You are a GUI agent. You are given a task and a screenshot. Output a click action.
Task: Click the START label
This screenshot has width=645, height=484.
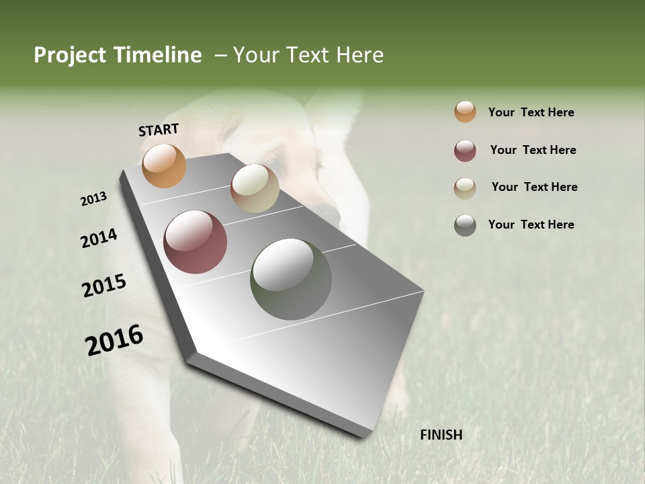tap(159, 130)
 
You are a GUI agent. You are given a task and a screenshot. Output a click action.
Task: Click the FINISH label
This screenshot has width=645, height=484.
tap(441, 435)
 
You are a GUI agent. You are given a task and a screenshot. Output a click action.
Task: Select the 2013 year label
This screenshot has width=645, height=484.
tap(94, 199)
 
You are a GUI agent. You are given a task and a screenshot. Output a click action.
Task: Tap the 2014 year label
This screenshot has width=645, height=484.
tap(99, 239)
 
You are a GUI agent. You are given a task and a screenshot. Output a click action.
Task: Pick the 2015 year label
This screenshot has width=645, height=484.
tap(104, 286)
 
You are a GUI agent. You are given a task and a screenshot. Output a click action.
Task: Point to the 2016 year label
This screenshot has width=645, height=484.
tap(114, 340)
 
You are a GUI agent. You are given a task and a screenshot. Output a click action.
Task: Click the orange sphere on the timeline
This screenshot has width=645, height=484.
tap(164, 165)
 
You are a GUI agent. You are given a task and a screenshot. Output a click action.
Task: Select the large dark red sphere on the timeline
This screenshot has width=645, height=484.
tap(195, 242)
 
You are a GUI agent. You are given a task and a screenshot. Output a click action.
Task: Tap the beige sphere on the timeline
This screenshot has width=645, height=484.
tap(255, 188)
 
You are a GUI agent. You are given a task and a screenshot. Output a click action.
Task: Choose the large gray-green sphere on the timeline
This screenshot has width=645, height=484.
tap(291, 279)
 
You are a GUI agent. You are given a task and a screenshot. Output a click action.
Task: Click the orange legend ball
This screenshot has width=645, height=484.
tap(465, 112)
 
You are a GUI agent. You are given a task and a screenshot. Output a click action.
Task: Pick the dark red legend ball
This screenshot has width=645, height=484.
tap(465, 150)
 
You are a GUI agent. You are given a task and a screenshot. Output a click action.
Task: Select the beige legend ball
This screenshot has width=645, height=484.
tap(465, 188)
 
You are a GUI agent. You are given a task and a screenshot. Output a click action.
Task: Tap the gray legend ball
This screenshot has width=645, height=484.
tap(465, 225)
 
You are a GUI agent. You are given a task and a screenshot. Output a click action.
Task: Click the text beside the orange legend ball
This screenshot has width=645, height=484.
tap(531, 112)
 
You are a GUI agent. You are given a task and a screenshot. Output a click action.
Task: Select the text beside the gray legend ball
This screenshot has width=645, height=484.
tap(531, 225)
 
